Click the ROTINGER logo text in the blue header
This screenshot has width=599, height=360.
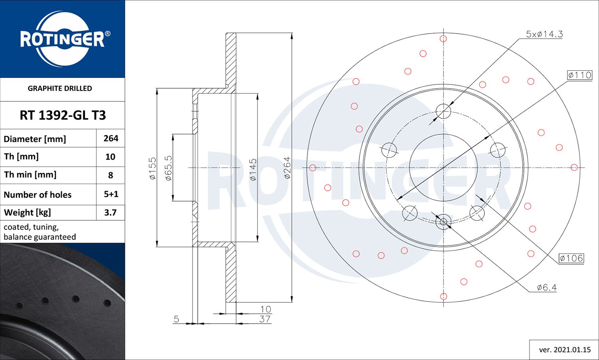click(x=62, y=39)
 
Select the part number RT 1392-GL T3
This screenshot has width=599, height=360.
click(x=63, y=115)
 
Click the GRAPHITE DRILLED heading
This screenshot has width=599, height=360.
click(x=60, y=89)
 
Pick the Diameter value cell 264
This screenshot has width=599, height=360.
click(x=111, y=138)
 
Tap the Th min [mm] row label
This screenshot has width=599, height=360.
click(x=30, y=175)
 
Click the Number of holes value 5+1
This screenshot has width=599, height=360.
click(x=111, y=194)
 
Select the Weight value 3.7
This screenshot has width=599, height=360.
click(x=110, y=212)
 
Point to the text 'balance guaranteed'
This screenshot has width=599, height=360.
click(x=40, y=237)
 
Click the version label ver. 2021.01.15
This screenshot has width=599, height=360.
click(x=565, y=350)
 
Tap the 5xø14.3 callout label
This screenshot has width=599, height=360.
click(x=544, y=34)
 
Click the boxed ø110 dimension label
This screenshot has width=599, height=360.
click(x=579, y=75)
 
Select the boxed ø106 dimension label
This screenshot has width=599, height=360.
click(x=571, y=258)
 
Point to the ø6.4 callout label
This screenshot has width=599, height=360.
click(x=547, y=287)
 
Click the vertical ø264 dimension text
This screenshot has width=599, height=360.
click(x=287, y=168)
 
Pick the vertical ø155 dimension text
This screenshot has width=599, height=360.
click(x=153, y=168)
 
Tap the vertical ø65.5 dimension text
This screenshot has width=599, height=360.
click(x=168, y=168)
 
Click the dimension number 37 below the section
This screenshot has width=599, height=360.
click(x=265, y=319)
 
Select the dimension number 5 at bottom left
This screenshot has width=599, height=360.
click(x=176, y=319)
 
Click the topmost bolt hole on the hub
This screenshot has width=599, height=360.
click(x=443, y=111)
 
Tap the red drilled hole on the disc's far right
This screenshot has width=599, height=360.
click(x=574, y=168)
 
